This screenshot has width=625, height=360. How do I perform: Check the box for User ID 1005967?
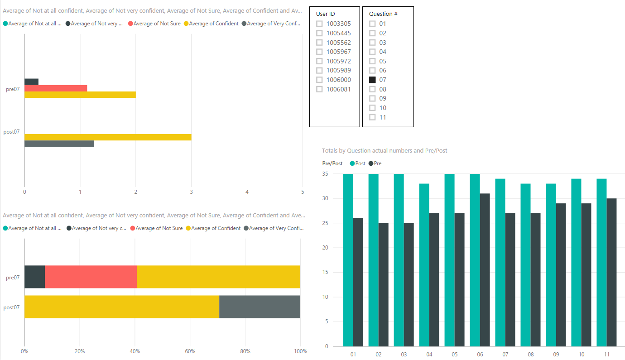coord(319,52)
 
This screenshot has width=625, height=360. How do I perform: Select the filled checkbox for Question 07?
coord(372,80)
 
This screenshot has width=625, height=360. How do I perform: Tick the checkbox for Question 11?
coord(372,117)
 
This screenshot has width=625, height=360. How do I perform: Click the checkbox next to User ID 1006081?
coord(319,89)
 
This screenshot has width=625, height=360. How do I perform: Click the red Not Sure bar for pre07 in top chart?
coord(56,88)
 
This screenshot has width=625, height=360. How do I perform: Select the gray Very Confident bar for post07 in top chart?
coord(59,144)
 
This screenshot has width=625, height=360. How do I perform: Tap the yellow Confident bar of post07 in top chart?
coord(108,137)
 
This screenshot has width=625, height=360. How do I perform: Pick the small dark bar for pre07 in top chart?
coord(31,82)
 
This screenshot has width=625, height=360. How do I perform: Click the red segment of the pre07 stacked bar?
coord(91,277)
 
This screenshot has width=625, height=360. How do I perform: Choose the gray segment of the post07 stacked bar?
coord(260,307)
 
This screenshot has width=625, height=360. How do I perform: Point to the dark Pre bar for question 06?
coord(485,270)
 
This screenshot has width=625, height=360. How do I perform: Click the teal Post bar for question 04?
coord(424,265)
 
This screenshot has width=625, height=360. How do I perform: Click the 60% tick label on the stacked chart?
coord(190,351)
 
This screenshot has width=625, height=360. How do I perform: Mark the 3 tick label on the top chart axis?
coord(191,192)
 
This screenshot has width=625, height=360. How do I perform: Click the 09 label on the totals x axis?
coord(556,354)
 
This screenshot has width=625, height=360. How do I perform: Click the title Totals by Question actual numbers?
coord(384,150)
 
